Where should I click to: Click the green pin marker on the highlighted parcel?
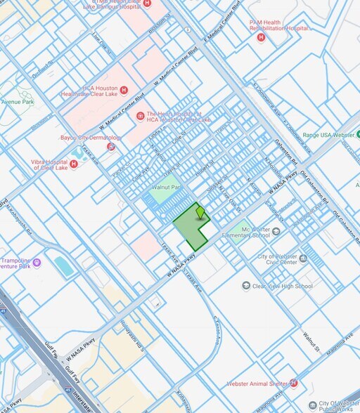tap(200, 211)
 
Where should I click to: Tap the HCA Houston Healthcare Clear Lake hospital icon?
tap(124, 90)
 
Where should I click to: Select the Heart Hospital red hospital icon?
tap(140, 115)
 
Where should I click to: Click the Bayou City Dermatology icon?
tap(110, 146)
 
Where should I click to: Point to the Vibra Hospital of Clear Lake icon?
tap(74, 164)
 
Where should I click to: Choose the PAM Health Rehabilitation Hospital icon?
tap(261, 37)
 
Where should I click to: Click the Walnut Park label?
tap(166, 188)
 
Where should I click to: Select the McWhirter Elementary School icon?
tap(276, 231)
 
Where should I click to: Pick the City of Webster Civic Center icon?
tap(303, 258)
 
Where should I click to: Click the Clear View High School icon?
tap(246, 286)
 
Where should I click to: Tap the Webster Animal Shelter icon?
tap(294, 383)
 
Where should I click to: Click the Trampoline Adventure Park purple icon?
tap(37, 263)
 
